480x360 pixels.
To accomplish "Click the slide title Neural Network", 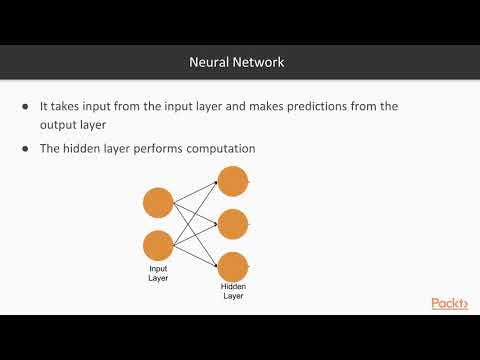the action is click(237, 62).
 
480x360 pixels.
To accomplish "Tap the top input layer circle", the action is click(159, 203).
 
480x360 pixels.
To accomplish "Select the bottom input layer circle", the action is click(159, 246).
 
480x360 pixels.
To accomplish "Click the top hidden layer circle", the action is click(232, 181).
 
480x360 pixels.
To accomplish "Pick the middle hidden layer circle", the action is click(232, 224).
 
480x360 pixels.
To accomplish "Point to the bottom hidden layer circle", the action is click(232, 266).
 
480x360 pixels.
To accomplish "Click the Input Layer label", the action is click(159, 273).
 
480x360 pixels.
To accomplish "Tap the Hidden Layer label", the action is click(233, 290).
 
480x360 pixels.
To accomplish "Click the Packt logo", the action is click(449, 304).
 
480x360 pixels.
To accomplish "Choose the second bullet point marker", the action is click(25, 149).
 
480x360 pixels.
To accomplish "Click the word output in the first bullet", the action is click(59, 125).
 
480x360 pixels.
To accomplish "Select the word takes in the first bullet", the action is click(72, 106).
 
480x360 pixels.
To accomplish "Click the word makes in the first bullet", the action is click(281, 106).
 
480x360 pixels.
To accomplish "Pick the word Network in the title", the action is click(259, 62).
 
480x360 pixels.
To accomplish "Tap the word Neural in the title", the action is click(209, 62).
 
